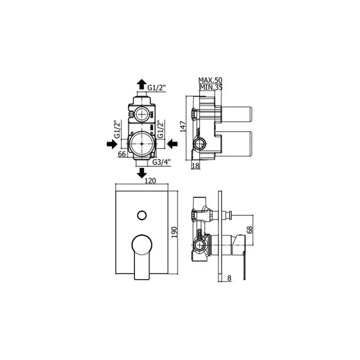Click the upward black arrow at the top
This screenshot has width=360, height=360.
(x=142, y=84)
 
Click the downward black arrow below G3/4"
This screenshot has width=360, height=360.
(x=142, y=173)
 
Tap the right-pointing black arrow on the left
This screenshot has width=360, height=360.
(x=112, y=144)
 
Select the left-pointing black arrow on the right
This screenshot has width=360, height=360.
(x=172, y=144)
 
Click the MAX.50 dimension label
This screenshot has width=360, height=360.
(x=211, y=80)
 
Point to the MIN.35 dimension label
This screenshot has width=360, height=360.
(x=211, y=87)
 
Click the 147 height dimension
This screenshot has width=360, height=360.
(x=183, y=127)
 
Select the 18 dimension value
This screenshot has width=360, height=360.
(x=196, y=166)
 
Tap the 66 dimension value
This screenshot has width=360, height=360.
(x=122, y=154)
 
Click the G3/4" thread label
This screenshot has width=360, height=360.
(x=161, y=162)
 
